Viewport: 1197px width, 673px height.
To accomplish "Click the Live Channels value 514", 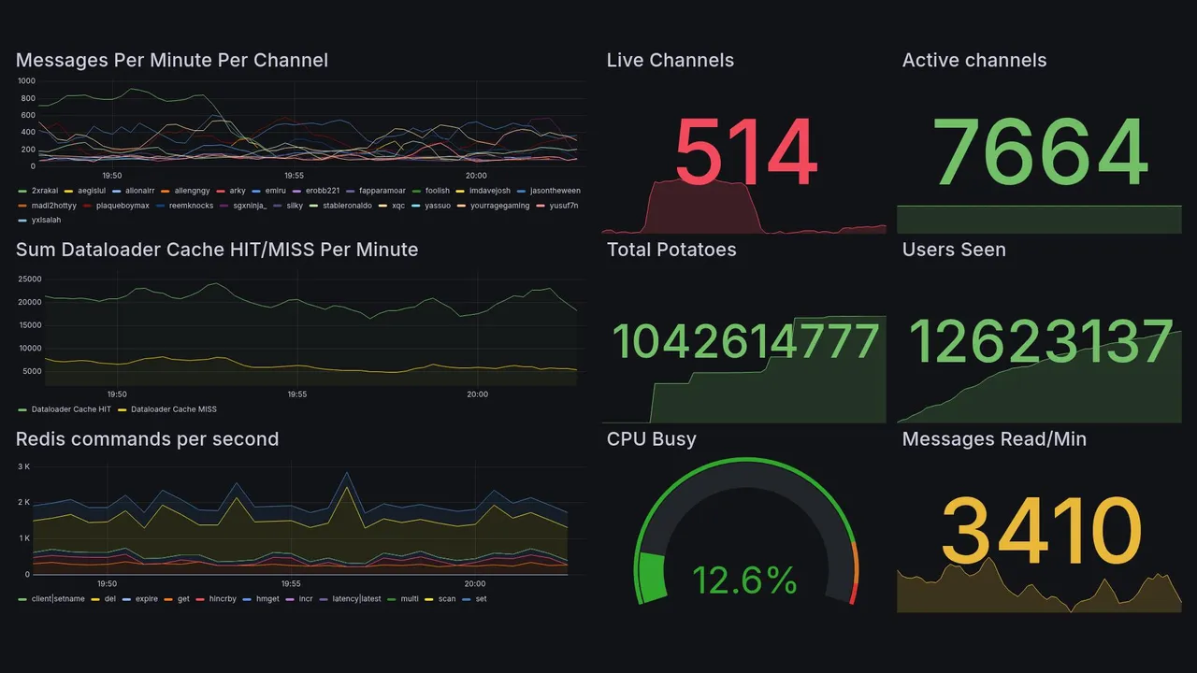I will click(745, 154).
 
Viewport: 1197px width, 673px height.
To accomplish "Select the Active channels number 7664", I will click(1040, 152).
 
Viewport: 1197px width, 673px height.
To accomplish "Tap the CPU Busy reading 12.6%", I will click(744, 580).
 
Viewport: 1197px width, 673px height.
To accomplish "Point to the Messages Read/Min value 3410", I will click(1040, 531).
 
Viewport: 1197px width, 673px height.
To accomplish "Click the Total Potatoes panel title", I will click(671, 250).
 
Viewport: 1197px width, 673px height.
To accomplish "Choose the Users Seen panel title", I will click(954, 250).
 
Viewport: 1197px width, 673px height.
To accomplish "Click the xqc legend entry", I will click(398, 206).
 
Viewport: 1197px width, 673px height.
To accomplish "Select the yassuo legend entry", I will click(437, 206).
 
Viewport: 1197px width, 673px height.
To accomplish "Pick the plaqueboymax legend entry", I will click(123, 206).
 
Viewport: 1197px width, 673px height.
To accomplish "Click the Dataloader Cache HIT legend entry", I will click(71, 409).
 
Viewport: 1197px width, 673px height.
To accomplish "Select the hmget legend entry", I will click(267, 598).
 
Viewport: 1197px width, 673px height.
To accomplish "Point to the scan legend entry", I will click(447, 598).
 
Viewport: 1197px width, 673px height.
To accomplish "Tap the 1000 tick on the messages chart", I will click(26, 81).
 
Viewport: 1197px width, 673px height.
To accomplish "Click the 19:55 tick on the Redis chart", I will click(290, 583).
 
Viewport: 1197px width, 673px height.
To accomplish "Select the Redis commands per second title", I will click(147, 439).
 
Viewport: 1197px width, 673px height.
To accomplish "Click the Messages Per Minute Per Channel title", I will click(172, 61).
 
